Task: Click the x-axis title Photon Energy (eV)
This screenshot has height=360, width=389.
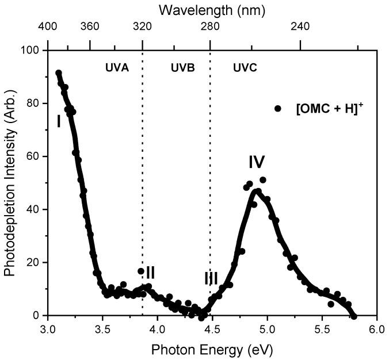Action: point(212,348)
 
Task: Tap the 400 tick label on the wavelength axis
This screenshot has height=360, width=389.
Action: point(48,26)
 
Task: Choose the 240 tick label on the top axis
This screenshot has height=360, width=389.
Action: point(300,26)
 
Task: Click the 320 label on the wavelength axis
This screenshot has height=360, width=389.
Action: point(143,26)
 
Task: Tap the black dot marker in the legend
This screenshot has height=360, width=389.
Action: point(279,108)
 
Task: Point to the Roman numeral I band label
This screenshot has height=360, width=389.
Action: point(59,121)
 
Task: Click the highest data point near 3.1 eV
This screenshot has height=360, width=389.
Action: point(58,73)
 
